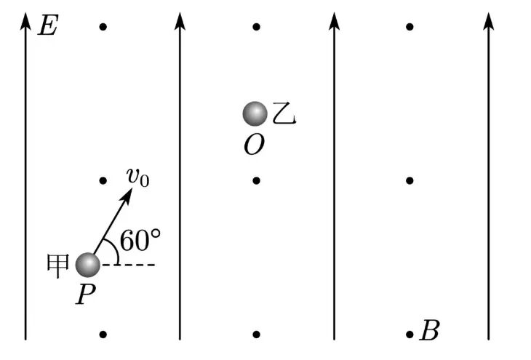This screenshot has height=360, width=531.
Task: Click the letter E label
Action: coord(49,25)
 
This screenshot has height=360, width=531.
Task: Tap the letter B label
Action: coord(430,330)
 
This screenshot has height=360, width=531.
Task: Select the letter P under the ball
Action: coord(85,295)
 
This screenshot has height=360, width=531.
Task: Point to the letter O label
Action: coord(254,145)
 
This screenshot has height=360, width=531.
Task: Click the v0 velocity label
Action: coord(137,177)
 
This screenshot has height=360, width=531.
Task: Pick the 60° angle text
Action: coord(140,240)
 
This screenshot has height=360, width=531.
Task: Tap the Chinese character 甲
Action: coord(57,266)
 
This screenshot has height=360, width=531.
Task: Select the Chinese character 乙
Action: coord(284,113)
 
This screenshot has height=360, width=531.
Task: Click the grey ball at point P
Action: coord(88,265)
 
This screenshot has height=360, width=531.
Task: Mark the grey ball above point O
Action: coord(255,113)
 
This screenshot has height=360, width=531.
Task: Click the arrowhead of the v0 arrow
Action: coord(128,195)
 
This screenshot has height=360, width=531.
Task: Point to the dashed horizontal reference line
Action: coord(129,265)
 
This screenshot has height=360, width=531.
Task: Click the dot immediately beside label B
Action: coord(410,335)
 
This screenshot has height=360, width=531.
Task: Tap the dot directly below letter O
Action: coord(256,180)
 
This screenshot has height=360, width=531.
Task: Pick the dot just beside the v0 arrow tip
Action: coord(103,180)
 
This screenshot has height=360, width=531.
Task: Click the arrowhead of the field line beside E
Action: coord(25,21)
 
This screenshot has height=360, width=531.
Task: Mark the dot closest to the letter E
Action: coord(103,27)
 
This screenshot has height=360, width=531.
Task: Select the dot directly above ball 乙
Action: coord(256,27)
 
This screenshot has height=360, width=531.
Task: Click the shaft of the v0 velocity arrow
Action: coord(111,225)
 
